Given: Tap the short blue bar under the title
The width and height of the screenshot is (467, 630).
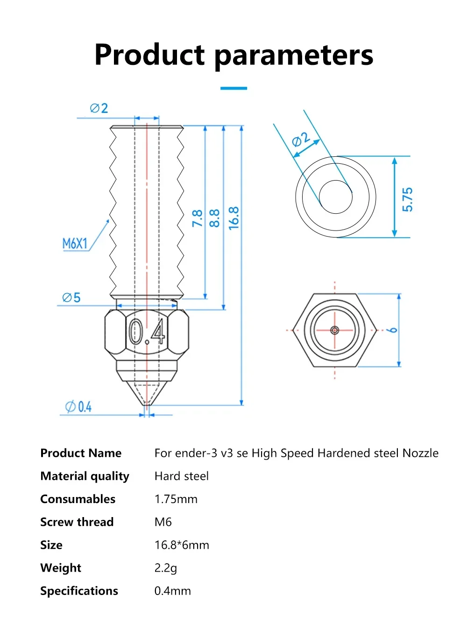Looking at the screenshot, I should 233,88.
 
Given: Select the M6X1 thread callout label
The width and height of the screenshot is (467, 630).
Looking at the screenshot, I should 75,244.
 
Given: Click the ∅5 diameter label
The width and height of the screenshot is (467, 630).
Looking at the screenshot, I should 71,298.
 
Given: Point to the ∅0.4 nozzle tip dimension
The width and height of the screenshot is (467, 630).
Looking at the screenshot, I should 78,407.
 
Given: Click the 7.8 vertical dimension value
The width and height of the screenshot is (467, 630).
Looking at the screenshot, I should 197,218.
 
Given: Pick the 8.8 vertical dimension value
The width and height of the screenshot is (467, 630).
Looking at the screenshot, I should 214,218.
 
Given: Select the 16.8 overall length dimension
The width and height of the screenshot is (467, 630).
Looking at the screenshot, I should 233,218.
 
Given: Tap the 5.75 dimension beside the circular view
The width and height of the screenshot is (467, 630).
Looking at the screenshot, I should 407,200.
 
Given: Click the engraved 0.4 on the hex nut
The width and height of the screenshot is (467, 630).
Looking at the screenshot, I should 147,332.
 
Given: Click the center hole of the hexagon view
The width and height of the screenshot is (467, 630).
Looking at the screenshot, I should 335,330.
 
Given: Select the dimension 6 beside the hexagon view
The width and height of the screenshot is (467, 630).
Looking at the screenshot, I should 393,330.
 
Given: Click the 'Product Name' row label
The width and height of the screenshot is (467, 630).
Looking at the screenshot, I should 81,453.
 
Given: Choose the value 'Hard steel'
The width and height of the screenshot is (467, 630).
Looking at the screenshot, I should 181,476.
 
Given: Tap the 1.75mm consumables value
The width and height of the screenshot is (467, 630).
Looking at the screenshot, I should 176,499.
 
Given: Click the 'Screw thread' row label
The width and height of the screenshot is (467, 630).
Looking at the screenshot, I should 77,522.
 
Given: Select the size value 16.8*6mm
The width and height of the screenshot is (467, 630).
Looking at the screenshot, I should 182,545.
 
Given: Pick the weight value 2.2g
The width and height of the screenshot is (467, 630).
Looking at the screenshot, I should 165,568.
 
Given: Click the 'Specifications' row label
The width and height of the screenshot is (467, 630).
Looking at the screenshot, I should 79,591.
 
